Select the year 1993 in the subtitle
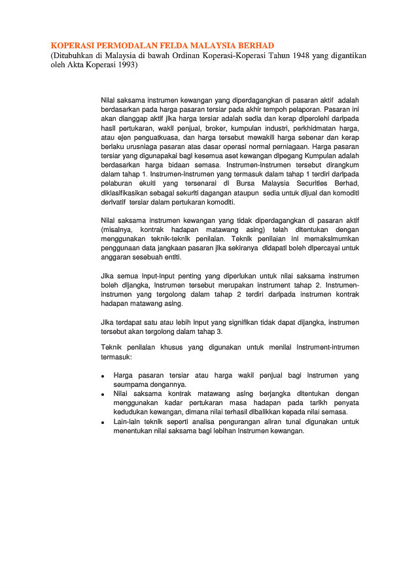[x=124, y=66]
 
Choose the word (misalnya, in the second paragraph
[x=119, y=230]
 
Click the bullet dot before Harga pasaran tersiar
[x=103, y=377]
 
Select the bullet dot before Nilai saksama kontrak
[x=103, y=395]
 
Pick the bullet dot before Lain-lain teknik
[x=103, y=423]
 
